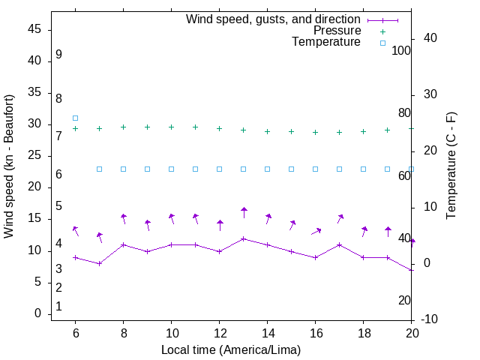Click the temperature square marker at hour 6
click(75, 118)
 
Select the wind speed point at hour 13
click(244, 238)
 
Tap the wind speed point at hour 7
click(99, 263)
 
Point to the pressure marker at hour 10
click(172, 127)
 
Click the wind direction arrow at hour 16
click(316, 232)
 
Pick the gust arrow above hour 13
click(244, 213)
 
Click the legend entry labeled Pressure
click(337, 31)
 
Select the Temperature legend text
click(326, 43)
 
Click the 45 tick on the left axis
click(34, 30)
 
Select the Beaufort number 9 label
click(58, 55)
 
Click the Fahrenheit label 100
click(401, 50)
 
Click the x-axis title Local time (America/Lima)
click(231, 349)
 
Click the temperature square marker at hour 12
click(220, 169)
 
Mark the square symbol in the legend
click(382, 43)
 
